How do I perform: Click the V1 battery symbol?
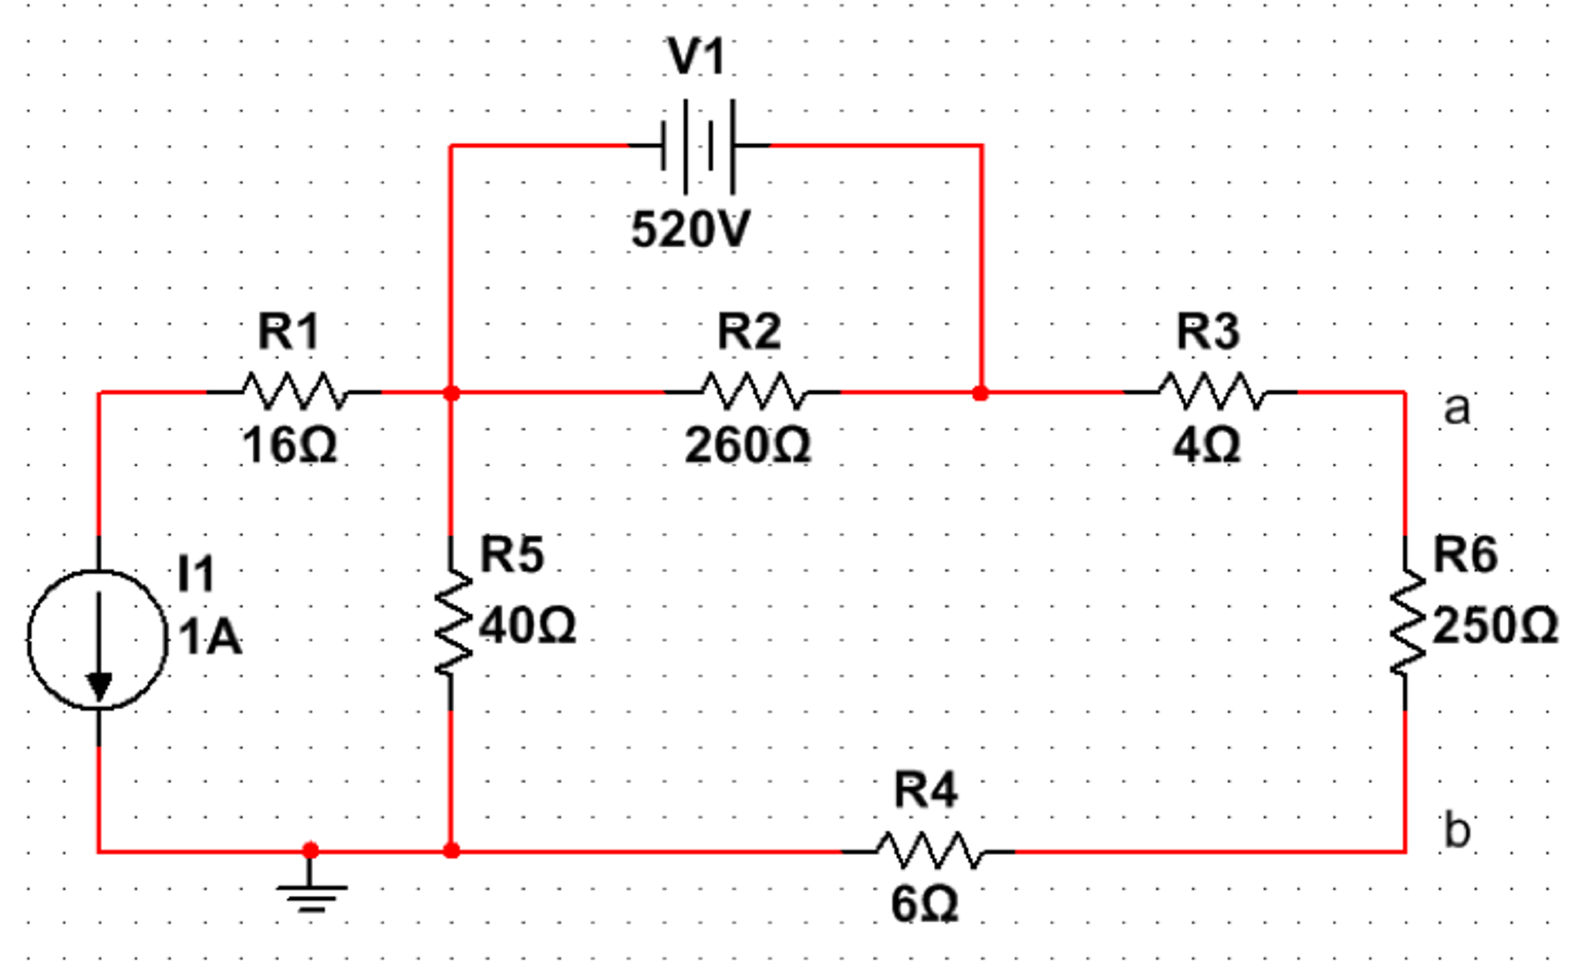pyautogui.click(x=698, y=145)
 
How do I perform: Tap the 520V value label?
pyautogui.click(x=690, y=229)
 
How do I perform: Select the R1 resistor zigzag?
pyautogui.click(x=294, y=391)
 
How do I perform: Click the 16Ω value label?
pyautogui.click(x=289, y=446)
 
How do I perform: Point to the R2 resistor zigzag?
pyautogui.click(x=753, y=391)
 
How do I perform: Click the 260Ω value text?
pyautogui.click(x=747, y=446)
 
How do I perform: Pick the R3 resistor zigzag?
pyautogui.click(x=1211, y=391)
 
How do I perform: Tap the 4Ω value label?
pyautogui.click(x=1206, y=446)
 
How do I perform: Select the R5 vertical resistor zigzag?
pyautogui.click(x=452, y=623)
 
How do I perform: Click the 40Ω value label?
pyautogui.click(x=528, y=624)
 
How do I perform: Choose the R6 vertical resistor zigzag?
pyautogui.click(x=1406, y=623)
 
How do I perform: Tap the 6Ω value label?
pyautogui.click(x=925, y=904)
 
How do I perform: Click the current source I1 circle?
pyautogui.click(x=98, y=639)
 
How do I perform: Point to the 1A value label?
pyautogui.click(x=210, y=638)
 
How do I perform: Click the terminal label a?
pyautogui.click(x=1456, y=408)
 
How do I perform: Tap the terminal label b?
pyautogui.click(x=1456, y=830)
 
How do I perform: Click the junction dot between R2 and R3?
pyautogui.click(x=980, y=393)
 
